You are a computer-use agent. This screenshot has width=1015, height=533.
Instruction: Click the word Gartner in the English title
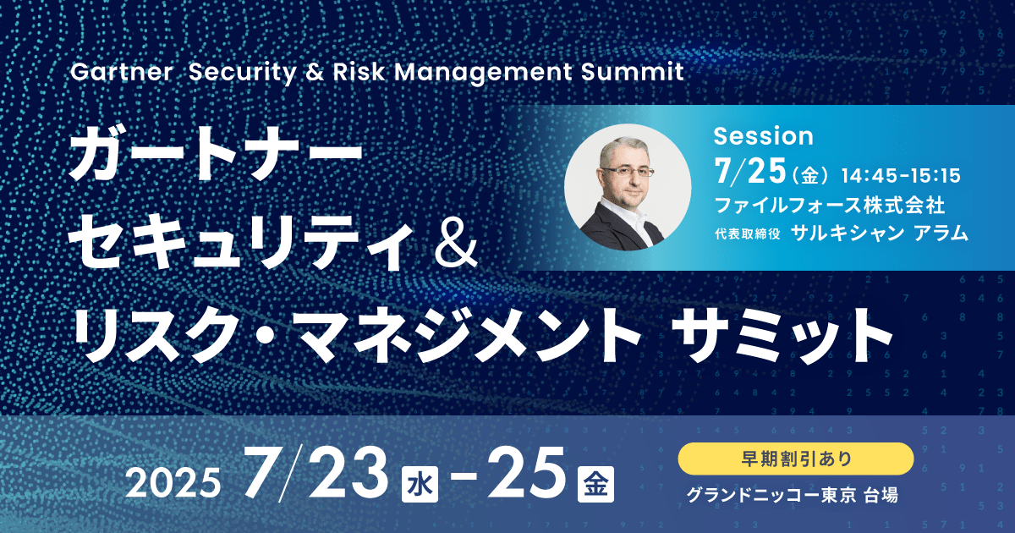point(122,72)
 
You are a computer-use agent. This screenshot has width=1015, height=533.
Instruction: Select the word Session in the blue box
point(764,136)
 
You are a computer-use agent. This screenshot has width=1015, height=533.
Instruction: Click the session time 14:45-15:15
point(901,176)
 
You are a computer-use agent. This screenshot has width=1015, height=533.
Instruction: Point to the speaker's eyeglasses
point(628,172)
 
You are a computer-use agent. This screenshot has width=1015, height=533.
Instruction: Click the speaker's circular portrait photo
point(628,187)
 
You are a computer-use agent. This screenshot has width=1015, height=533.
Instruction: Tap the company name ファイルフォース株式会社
point(830,205)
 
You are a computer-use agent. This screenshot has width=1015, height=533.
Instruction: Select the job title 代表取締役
point(748,234)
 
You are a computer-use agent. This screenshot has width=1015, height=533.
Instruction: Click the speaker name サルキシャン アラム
point(880,233)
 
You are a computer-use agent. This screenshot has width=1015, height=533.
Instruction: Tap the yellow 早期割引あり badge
point(796,459)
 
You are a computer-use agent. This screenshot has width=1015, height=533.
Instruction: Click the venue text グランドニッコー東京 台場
point(792,495)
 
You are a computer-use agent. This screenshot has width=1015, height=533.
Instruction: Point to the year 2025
point(173,483)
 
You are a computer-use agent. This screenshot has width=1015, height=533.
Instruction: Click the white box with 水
point(420,484)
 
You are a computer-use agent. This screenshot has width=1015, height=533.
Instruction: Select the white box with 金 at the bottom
point(595,484)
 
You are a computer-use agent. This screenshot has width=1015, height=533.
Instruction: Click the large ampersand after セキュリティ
point(456,246)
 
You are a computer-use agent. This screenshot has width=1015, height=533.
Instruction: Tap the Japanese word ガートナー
point(216,155)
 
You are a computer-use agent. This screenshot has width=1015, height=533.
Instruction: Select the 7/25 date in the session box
point(750,171)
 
